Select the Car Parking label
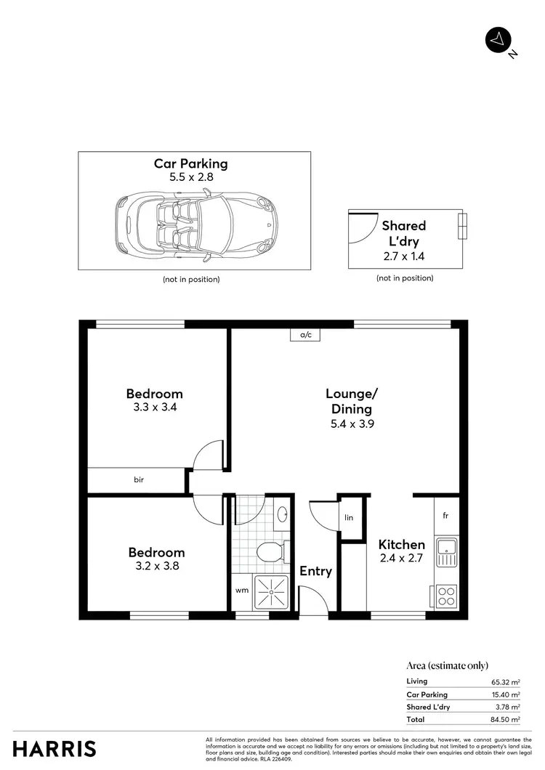pyautogui.click(x=190, y=164)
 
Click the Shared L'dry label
pyautogui.click(x=404, y=232)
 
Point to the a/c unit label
pyautogui.click(x=305, y=335)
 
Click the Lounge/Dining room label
pyautogui.click(x=352, y=401)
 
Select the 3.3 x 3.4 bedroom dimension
pyautogui.click(x=155, y=408)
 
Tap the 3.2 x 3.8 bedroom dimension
pyautogui.click(x=156, y=566)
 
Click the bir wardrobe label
pyautogui.click(x=138, y=479)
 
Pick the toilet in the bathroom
pyautogui.click(x=270, y=553)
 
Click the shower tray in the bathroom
pyautogui.click(x=270, y=594)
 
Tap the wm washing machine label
pyautogui.click(x=242, y=591)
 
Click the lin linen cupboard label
pyautogui.click(x=349, y=517)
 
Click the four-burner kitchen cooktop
pyautogui.click(x=446, y=596)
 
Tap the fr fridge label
pyautogui.click(x=445, y=516)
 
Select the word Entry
pyautogui.click(x=316, y=572)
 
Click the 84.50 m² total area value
pyautogui.click(x=505, y=719)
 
